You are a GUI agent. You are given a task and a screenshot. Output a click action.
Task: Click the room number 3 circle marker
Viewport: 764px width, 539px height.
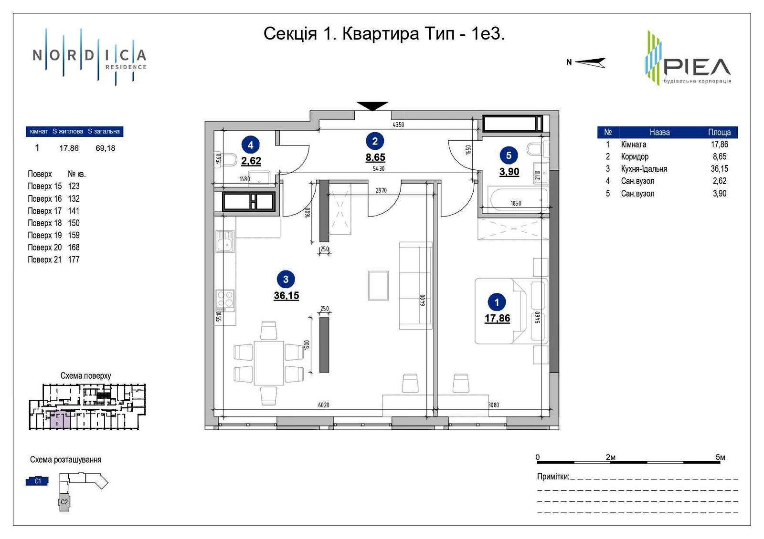coord(286,280)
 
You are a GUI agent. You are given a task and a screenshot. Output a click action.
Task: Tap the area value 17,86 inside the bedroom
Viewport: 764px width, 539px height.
coord(497,318)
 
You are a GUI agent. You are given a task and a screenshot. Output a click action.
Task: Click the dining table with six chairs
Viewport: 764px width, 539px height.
coord(269,363)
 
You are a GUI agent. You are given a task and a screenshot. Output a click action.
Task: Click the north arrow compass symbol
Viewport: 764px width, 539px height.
coord(590,62)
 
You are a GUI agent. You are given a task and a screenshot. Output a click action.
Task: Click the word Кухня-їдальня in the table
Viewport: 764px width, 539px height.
coord(644,169)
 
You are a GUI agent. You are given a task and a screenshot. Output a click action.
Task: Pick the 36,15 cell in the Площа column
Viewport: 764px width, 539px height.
coord(719,169)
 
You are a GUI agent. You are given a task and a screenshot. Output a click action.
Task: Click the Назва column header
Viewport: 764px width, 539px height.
coord(659,132)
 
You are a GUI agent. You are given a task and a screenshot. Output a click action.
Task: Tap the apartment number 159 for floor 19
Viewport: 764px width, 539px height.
coord(74,235)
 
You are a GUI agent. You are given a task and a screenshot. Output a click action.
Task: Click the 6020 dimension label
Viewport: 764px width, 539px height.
coord(324,405)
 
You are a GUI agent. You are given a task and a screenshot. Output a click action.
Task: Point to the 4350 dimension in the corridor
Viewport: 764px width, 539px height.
coord(398,124)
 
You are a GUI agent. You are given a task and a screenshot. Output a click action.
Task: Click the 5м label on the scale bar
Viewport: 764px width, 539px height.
coord(720,457)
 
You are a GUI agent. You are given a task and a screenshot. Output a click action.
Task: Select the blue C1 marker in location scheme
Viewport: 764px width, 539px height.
coord(37,481)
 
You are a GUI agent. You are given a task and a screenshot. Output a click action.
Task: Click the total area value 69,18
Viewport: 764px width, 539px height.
coord(105,148)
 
